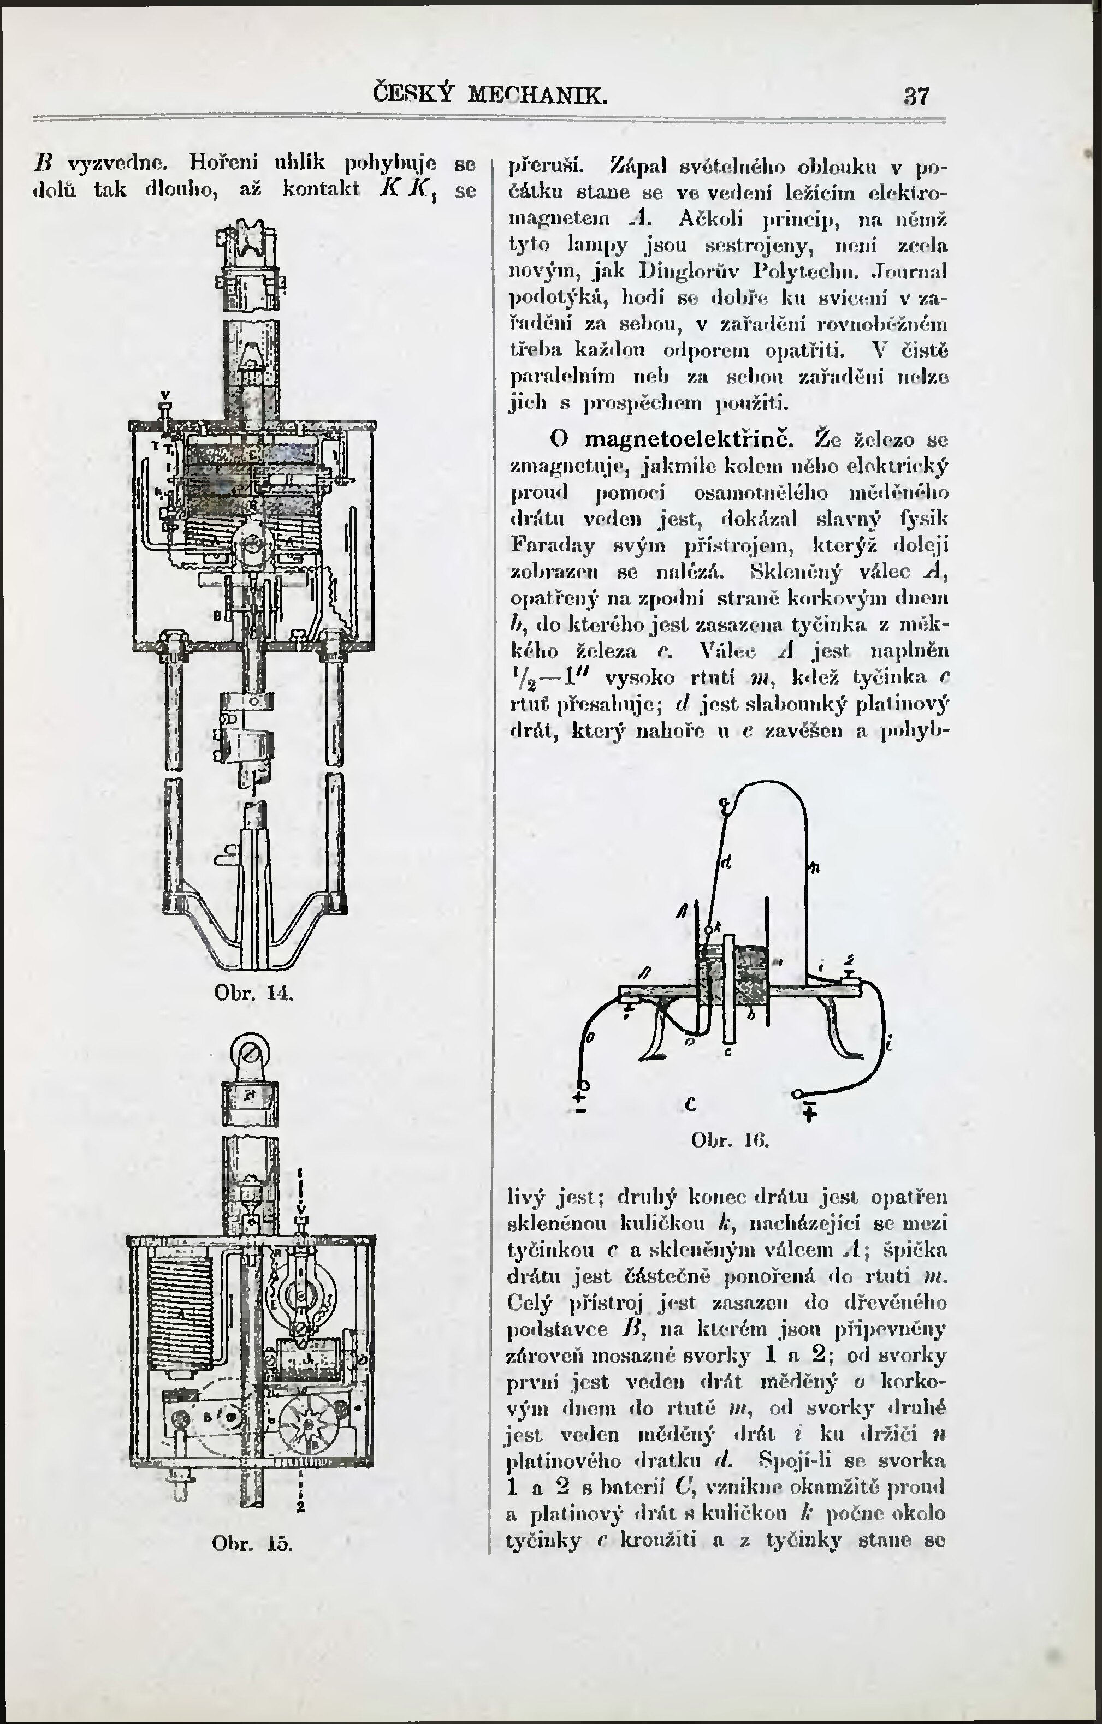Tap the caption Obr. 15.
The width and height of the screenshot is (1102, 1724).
[x=253, y=1542]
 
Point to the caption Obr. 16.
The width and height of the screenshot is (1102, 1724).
[x=730, y=1139]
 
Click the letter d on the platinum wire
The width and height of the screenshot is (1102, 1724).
[x=725, y=863]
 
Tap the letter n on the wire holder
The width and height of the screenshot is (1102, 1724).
[x=814, y=869]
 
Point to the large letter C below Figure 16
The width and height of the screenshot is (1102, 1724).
[x=691, y=1105]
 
